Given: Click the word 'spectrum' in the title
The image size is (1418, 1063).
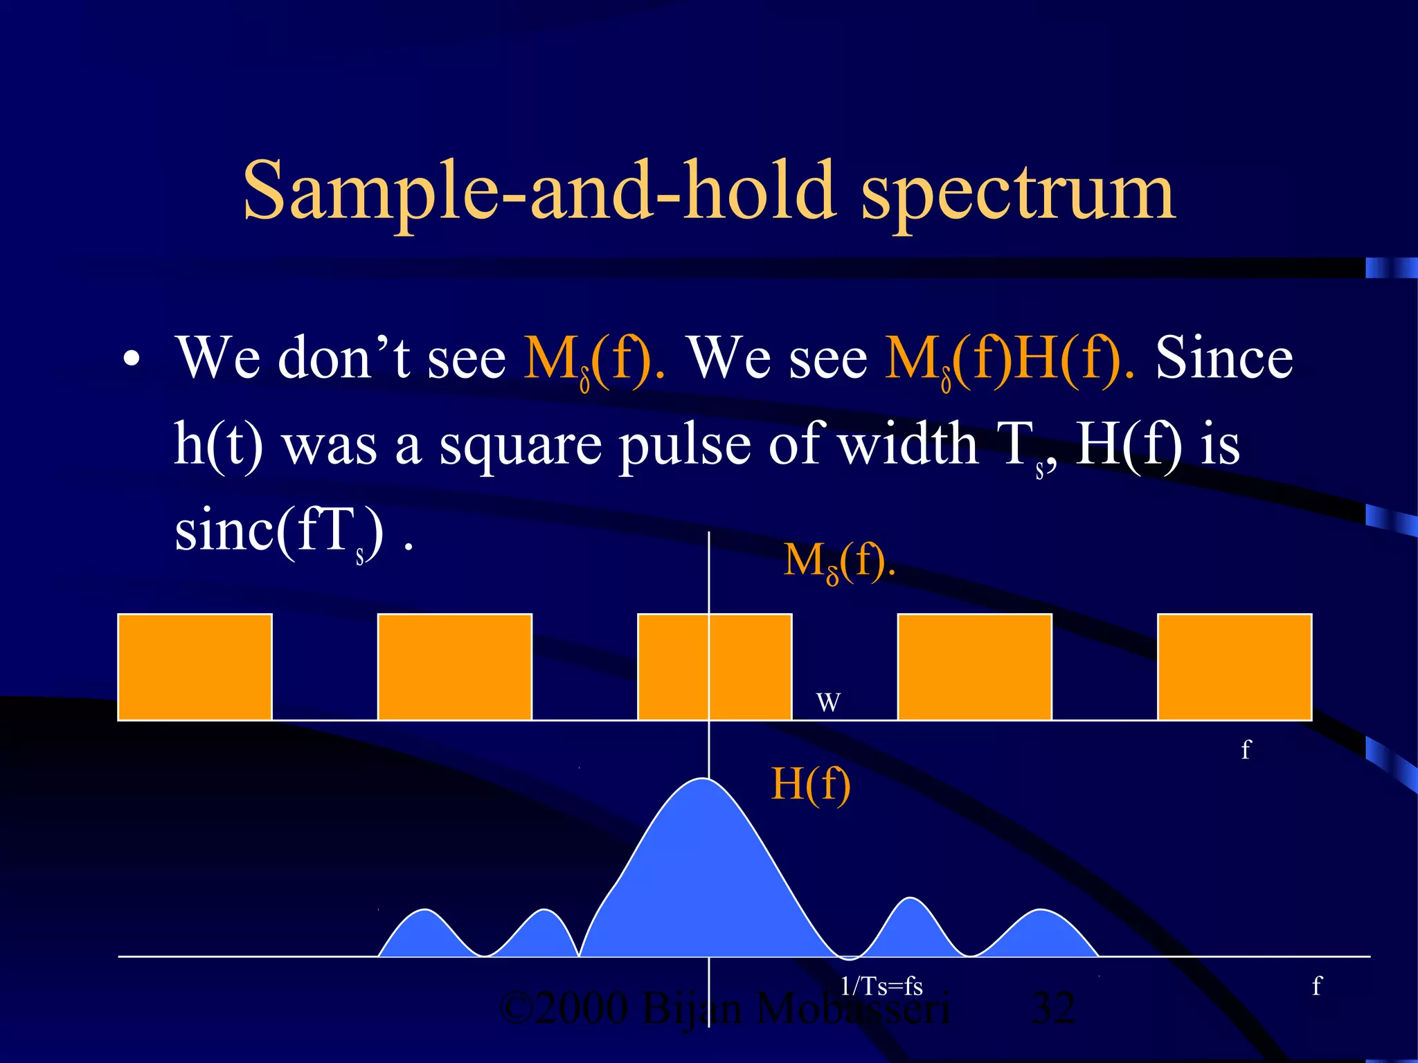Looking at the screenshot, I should pos(1018,192).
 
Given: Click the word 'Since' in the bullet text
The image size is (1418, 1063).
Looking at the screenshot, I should pos(1223,358).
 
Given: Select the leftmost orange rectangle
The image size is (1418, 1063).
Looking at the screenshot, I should pos(195,666).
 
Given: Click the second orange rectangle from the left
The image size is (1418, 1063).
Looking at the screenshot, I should pos(455,666).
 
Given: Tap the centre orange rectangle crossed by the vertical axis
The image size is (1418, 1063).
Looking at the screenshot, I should pos(715,666).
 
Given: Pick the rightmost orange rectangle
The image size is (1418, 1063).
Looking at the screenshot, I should pos(1235,666).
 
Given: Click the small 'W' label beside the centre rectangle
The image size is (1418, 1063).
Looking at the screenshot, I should pos(828,703).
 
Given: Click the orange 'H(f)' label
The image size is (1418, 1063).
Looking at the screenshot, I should pos(811,784).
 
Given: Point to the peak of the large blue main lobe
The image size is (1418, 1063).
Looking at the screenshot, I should pos(702,782).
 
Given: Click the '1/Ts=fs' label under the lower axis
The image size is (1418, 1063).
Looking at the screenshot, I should pos(881,986).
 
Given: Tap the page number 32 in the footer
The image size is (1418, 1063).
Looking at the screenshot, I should pos(1053,1008).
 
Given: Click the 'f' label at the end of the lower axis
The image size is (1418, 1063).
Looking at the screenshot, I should pos(1316,986).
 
